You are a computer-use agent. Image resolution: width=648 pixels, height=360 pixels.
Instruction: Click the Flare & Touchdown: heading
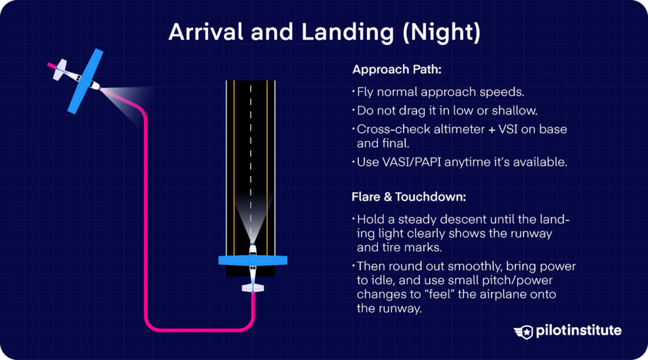pos(409,197)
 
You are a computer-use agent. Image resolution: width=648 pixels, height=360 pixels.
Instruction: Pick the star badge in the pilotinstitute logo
pos(525,331)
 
